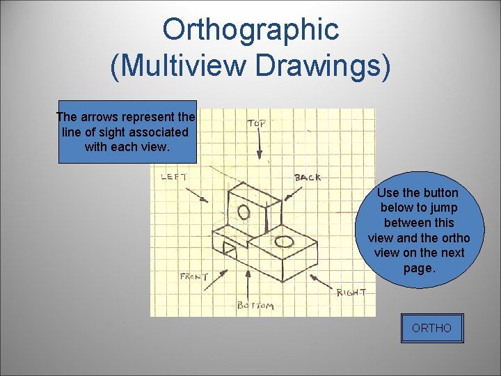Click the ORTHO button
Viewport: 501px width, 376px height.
(x=431, y=328)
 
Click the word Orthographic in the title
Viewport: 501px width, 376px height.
(x=250, y=29)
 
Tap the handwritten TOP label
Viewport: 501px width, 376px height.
(x=257, y=123)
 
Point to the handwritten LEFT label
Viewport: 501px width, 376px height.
(x=174, y=177)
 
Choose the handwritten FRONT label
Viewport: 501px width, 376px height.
(x=194, y=276)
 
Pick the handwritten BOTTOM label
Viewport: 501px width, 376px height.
(x=255, y=305)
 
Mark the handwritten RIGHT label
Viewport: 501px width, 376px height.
(x=351, y=292)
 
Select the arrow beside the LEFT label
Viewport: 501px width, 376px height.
(x=197, y=193)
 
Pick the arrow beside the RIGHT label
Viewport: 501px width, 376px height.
(x=321, y=282)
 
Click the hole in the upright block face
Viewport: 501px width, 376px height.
(x=244, y=212)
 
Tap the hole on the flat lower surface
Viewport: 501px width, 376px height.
(x=284, y=242)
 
